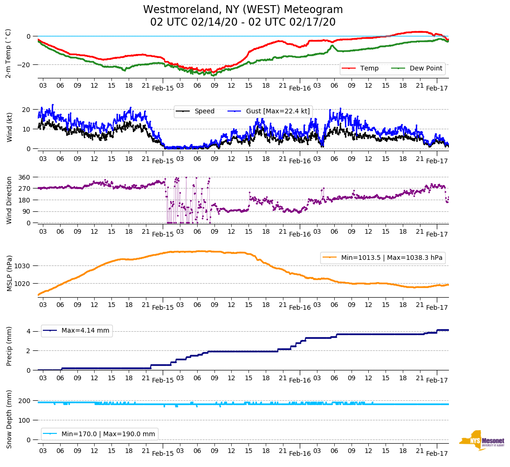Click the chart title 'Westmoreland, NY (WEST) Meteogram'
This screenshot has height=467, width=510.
(243, 10)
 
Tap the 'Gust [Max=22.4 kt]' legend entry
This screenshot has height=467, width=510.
(278, 112)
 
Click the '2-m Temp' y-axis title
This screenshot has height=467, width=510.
(8, 53)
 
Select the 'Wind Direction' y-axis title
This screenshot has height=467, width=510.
(9, 200)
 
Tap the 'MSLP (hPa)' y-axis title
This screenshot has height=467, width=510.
(9, 273)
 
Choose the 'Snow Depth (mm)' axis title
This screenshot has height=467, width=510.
(9, 419)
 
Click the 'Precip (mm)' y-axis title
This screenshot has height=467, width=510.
(9, 347)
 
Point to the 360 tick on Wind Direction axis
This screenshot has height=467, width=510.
(25, 177)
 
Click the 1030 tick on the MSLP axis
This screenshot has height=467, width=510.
(23, 266)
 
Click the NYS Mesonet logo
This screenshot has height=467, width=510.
(482, 440)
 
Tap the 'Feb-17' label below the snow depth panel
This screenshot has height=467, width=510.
(437, 453)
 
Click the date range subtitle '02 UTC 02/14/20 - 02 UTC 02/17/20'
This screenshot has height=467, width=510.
(243, 22)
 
